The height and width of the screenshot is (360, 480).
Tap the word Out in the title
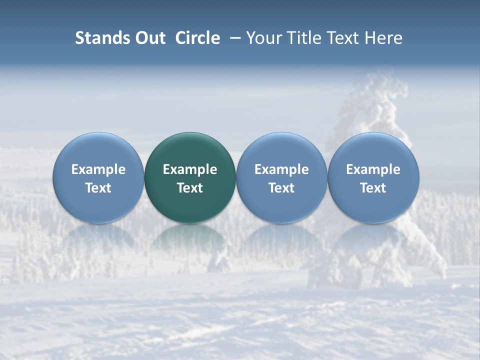[x=149, y=38]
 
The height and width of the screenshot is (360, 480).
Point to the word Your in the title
[x=263, y=38]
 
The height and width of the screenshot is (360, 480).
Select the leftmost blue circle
[x=98, y=150]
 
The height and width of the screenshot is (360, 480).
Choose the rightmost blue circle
[x=373, y=150]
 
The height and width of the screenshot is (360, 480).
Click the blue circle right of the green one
[x=281, y=150]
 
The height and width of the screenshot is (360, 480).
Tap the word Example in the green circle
[x=190, y=169]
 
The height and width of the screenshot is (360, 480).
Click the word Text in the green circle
[x=190, y=188]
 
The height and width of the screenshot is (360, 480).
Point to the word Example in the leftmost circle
[x=98, y=169]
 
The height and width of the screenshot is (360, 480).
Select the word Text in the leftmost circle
[x=98, y=188]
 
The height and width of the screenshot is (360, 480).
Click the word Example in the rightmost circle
[x=373, y=169]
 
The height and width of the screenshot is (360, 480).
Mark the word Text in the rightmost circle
[x=373, y=188]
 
